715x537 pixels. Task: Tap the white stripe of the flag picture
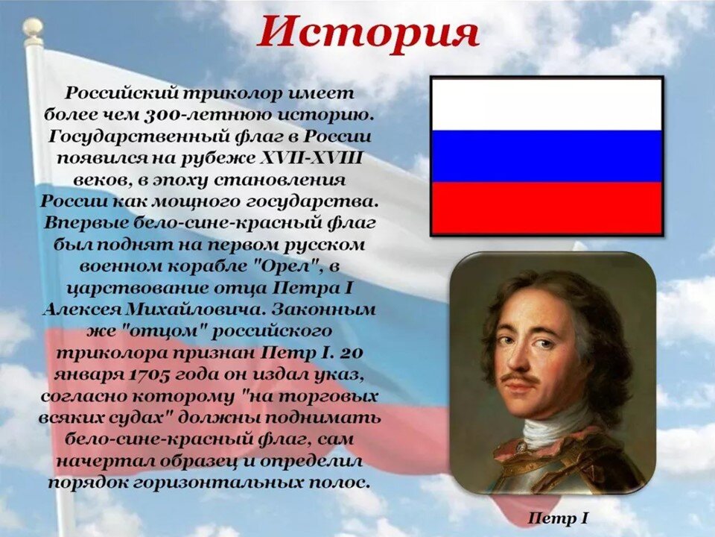click(x=547, y=104)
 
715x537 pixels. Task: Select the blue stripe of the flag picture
click(x=547, y=156)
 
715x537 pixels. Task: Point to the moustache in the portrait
click(x=520, y=379)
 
